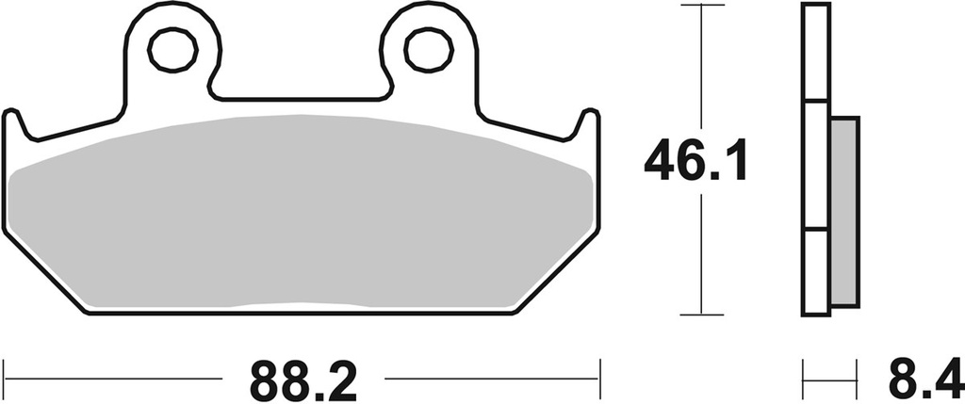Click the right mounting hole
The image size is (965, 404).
click(x=428, y=49)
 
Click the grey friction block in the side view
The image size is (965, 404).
click(x=845, y=211)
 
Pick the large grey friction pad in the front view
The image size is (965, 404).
click(x=302, y=212)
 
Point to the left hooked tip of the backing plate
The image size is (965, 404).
click(x=11, y=117)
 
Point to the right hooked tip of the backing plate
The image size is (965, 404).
click(x=590, y=117)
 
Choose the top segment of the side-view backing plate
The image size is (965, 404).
click(x=816, y=52)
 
